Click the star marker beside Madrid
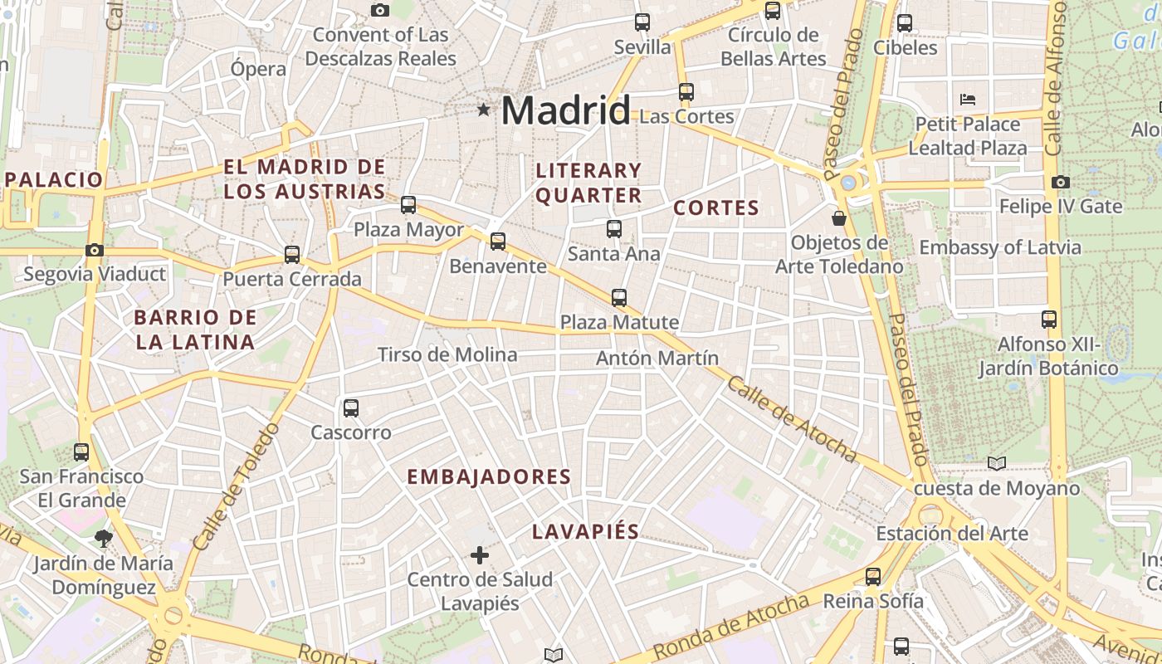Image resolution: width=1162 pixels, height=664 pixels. click(483, 110)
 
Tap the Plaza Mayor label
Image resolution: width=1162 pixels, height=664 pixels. click(408, 230)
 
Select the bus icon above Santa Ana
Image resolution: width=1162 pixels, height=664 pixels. click(614, 229)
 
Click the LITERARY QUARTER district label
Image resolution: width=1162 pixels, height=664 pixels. click(588, 183)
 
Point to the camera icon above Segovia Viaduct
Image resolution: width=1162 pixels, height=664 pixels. click(95, 250)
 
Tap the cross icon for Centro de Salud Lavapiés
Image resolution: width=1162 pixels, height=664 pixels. click(480, 555)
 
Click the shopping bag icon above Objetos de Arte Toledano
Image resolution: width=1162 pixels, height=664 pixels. click(839, 218)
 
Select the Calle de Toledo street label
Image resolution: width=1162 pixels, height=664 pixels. click(237, 486)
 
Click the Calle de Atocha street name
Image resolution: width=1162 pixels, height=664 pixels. click(792, 420)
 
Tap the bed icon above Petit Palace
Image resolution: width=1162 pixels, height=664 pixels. click(967, 100)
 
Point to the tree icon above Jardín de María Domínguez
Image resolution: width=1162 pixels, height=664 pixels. click(104, 539)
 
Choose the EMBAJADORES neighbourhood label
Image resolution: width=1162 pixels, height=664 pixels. click(489, 477)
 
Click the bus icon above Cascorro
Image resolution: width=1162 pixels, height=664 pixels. click(350, 408)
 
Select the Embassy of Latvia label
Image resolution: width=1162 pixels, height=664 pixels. click(1000, 247)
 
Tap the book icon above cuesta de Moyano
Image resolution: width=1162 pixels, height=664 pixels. click(997, 463)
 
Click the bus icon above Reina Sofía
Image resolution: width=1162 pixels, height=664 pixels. click(873, 576)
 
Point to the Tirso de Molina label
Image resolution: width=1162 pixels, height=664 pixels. click(447, 355)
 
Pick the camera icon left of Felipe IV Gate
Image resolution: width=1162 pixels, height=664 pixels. click(1060, 182)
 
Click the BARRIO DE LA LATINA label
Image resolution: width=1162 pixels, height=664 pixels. click(195, 330)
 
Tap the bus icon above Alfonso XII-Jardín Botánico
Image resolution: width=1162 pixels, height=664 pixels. click(1049, 320)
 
